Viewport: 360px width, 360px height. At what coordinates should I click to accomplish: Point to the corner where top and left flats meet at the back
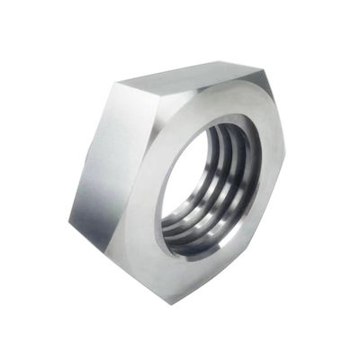coord(114,83)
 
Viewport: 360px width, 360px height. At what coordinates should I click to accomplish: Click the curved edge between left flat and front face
coord(148,180)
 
